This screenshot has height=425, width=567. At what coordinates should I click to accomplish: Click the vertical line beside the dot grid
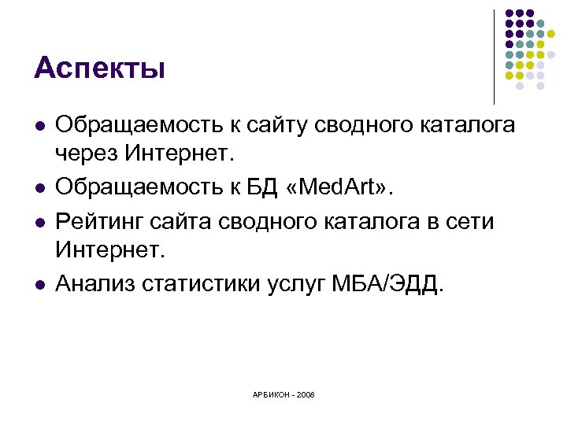(494, 55)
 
